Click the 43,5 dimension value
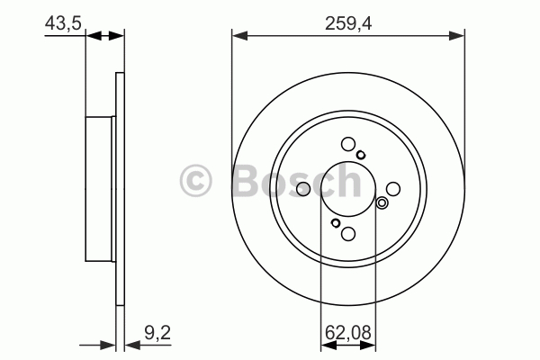[63, 23]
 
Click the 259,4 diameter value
[348, 23]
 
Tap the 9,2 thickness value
[157, 333]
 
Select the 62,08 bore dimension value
[347, 333]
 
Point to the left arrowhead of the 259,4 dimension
[239, 35]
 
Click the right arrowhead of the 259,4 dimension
[456, 35]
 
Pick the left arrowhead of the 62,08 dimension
[328, 345]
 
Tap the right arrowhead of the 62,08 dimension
[368, 345]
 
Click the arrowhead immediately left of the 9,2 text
[132, 345]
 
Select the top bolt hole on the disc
[348, 144]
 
